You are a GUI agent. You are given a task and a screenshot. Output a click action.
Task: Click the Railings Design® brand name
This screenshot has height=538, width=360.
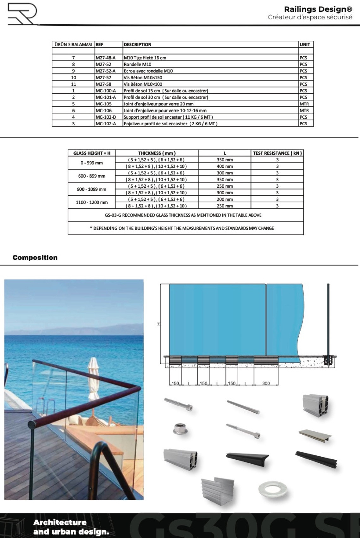click(318, 9)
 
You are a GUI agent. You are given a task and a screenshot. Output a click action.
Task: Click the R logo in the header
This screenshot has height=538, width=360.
click(22, 14)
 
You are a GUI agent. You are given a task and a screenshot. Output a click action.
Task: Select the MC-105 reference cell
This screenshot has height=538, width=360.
click(103, 104)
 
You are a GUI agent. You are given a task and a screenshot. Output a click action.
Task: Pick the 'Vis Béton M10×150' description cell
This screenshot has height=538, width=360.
click(143, 78)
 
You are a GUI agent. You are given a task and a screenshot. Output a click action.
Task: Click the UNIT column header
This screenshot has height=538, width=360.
click(305, 45)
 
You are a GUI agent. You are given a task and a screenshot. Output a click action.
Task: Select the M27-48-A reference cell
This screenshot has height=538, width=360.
click(105, 58)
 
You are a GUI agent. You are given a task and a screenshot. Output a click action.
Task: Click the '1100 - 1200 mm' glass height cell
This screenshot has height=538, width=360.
click(92, 203)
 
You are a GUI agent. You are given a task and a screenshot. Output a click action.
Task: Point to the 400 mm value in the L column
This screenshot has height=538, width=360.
click(225, 166)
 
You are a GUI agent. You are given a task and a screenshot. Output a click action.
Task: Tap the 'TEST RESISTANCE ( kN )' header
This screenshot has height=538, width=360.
click(277, 153)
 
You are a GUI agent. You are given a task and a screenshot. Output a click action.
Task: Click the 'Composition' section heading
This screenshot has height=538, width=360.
click(35, 258)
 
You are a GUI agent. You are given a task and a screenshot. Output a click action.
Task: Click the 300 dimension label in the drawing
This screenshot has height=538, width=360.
click(266, 384)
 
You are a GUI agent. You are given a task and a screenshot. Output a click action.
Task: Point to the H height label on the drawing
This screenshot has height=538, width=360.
click(159, 324)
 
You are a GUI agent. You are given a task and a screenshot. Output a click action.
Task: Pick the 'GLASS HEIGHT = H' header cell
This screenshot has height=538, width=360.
click(92, 153)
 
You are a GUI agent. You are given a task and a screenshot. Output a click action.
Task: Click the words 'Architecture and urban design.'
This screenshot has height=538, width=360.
click(71, 527)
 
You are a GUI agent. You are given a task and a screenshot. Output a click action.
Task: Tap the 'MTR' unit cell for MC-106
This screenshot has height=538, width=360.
click(304, 110)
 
